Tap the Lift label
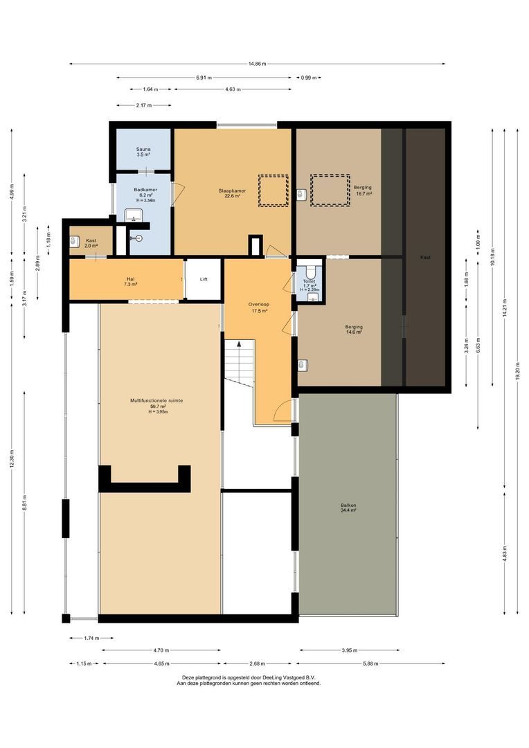click(x=204, y=279)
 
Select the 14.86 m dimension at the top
click(x=257, y=64)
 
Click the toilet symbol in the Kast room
click(x=74, y=242)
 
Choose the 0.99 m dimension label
click(x=306, y=78)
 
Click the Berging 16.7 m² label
click(x=363, y=191)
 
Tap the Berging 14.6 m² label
click(x=354, y=330)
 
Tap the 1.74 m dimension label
click(x=91, y=638)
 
